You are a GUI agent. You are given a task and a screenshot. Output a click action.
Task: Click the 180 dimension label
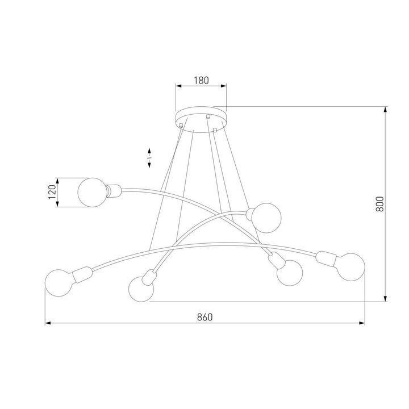(x=202, y=80)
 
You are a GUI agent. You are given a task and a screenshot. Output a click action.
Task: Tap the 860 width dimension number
(x=204, y=317)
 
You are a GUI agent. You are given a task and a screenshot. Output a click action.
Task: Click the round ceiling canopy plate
(x=201, y=116)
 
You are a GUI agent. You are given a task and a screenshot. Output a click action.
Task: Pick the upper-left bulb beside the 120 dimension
(x=91, y=192)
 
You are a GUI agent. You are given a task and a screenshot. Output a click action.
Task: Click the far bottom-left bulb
(x=59, y=282)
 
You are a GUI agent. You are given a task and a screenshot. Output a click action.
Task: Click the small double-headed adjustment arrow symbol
(x=149, y=158)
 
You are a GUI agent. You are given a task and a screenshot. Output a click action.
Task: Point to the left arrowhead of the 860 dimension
(x=48, y=323)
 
